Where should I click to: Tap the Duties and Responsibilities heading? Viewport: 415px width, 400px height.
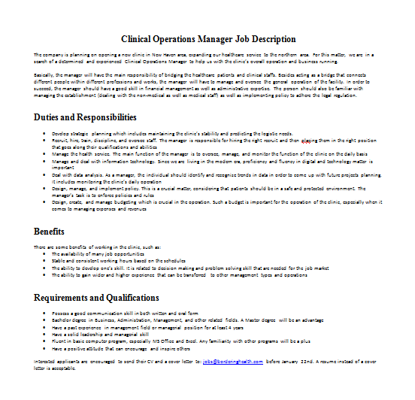85,117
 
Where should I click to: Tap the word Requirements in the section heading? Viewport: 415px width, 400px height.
66,298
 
